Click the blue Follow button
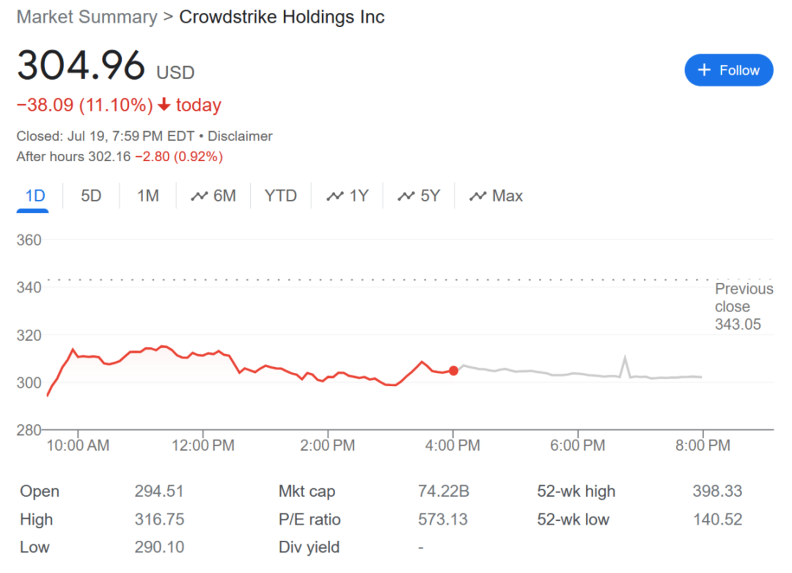(728, 70)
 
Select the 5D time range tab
(91, 196)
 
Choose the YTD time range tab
(280, 196)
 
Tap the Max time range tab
(496, 196)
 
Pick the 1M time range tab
(148, 196)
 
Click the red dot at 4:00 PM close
(453, 370)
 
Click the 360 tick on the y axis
(29, 240)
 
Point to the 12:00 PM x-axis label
(203, 446)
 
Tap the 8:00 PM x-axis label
(703, 446)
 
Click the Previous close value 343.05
(738, 325)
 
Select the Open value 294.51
(159, 491)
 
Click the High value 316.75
(159, 519)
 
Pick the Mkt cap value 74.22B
(443, 491)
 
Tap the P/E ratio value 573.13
(443, 519)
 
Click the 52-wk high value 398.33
(717, 491)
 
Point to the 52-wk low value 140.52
(717, 519)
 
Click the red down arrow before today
(164, 105)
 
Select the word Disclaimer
(240, 136)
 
